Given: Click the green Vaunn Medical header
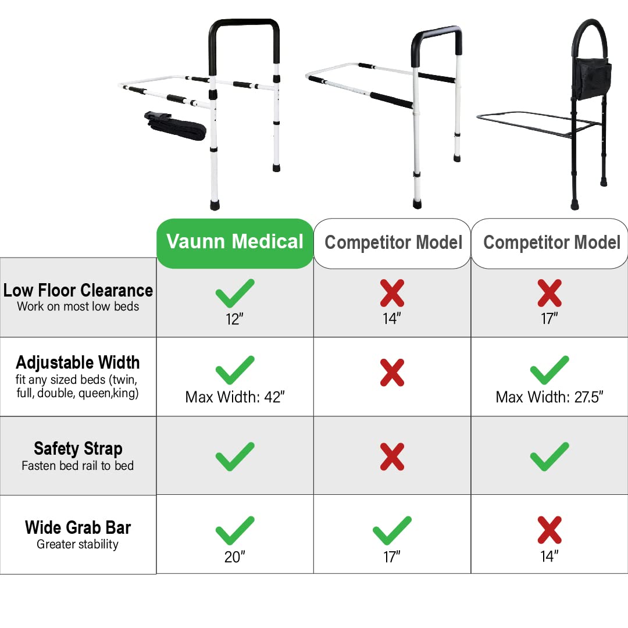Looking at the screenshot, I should point(235,242).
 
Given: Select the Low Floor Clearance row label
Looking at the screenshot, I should point(78,290).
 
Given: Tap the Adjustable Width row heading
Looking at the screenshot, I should point(78,362).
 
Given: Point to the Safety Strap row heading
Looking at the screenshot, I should point(78,448).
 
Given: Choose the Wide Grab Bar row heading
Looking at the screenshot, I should point(78,527).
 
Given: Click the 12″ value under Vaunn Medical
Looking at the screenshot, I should point(234,319).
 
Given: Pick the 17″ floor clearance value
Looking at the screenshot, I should point(549,319).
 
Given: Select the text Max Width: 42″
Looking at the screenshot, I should point(234,397).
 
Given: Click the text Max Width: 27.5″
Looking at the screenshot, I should point(549,397).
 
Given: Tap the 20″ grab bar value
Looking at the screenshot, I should point(234,557).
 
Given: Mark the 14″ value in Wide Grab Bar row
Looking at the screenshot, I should point(549,557).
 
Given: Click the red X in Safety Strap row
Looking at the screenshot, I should point(392,456).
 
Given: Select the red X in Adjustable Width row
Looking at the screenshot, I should point(392,372).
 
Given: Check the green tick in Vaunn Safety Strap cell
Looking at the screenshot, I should point(235,456).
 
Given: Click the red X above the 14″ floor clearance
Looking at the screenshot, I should point(392,293).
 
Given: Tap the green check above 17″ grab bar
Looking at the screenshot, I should point(392,530).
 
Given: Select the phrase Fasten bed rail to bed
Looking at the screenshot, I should point(78,466).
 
